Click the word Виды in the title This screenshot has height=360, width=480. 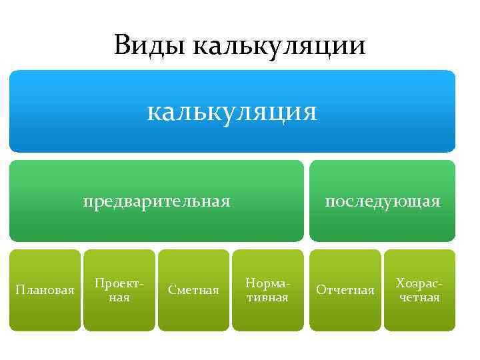(x=150, y=45)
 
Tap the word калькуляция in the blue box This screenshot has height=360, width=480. (x=232, y=111)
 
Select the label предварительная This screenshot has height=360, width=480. (x=157, y=201)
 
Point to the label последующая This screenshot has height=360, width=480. (x=382, y=201)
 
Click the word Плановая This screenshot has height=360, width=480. (x=45, y=290)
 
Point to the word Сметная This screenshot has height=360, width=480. (x=193, y=290)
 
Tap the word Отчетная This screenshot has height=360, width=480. (x=345, y=290)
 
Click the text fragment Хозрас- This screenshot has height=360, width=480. (x=419, y=283)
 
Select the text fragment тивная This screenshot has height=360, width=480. (x=267, y=297)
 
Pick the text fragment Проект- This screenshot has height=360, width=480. (x=119, y=283)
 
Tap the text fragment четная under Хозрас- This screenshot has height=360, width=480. (x=419, y=297)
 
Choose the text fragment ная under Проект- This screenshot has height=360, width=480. (x=119, y=297)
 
